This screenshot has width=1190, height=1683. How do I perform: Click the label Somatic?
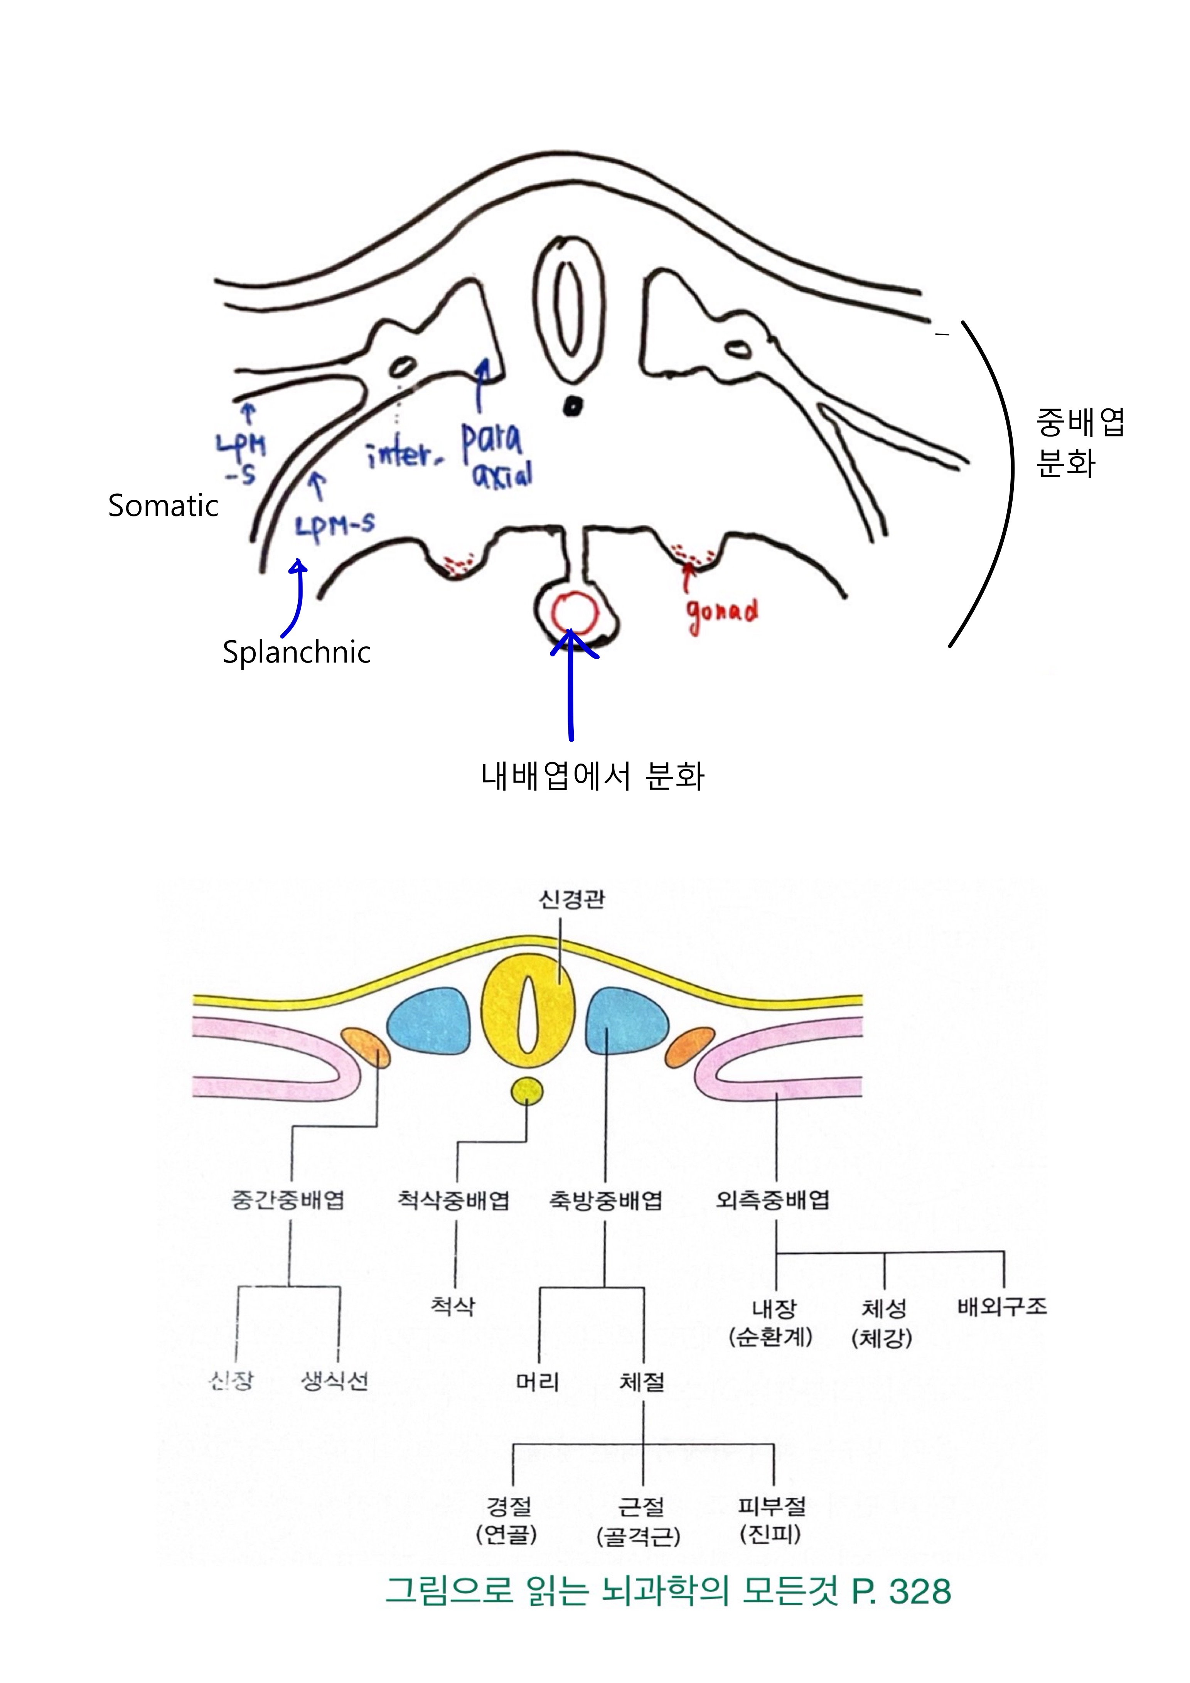[x=163, y=506]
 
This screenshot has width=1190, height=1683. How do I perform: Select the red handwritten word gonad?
[x=722, y=614]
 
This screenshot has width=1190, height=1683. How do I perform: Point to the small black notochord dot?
[x=572, y=405]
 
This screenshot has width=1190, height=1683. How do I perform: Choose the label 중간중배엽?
[x=287, y=1199]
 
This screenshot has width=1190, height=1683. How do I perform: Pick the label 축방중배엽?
[x=605, y=1199]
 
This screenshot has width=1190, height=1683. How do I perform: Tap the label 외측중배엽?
[x=772, y=1199]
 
